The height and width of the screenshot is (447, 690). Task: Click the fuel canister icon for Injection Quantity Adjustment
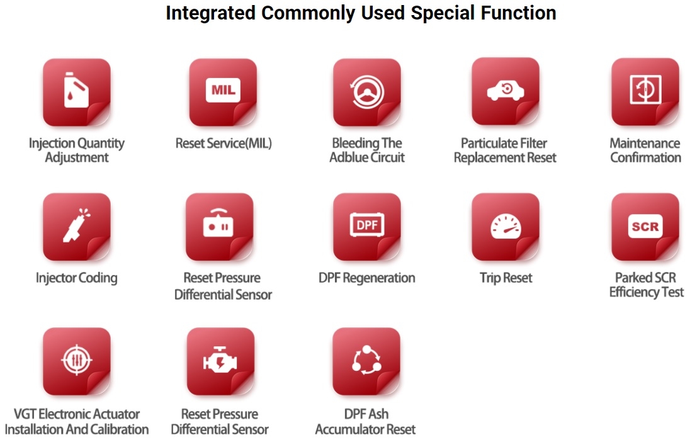[x=76, y=90]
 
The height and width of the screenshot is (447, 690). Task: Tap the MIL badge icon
[x=223, y=90]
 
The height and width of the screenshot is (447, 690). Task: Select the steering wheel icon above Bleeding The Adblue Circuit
[x=367, y=92]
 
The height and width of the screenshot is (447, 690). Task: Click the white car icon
[x=506, y=90]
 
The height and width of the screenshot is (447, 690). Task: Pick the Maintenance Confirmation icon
[x=645, y=90]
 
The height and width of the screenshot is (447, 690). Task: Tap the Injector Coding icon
[x=76, y=225]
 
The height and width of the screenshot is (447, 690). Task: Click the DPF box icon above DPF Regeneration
[x=367, y=225]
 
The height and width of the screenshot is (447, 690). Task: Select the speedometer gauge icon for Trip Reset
[x=506, y=226]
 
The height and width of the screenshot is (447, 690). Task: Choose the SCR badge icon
[x=645, y=226]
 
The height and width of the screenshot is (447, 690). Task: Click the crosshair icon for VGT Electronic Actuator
[x=76, y=360]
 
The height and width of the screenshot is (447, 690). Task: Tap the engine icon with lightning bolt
[x=220, y=360]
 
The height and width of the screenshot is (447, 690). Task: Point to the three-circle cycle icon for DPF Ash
[x=366, y=360]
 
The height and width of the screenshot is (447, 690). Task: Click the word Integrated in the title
[x=210, y=13]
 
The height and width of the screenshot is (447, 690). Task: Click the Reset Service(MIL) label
[x=223, y=143]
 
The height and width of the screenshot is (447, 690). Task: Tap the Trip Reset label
[x=506, y=278]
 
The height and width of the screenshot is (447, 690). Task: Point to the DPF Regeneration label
[x=367, y=278]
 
